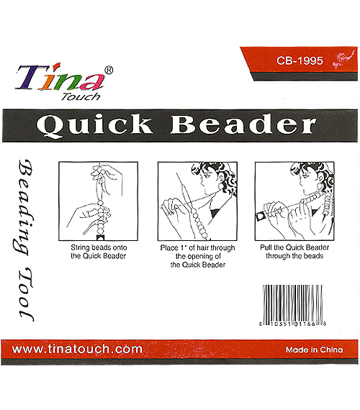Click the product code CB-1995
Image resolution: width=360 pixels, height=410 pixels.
point(300,60)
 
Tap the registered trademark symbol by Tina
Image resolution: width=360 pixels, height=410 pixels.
point(109,70)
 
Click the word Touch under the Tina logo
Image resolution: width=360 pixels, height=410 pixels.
point(81,96)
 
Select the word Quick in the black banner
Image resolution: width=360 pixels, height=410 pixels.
point(94,125)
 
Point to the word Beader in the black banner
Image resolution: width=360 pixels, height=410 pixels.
point(243,124)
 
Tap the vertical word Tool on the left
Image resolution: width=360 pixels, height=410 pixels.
point(26,294)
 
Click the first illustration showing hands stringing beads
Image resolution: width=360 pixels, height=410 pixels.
point(99,201)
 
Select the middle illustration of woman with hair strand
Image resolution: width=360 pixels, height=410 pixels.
point(197,201)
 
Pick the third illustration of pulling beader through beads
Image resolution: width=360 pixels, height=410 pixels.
point(294,201)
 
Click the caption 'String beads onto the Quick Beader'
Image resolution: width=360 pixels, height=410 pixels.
point(99,252)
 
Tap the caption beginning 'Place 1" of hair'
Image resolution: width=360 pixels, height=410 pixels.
point(198,256)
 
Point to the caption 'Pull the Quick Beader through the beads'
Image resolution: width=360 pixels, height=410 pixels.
point(294,252)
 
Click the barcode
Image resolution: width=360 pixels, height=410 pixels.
point(292,306)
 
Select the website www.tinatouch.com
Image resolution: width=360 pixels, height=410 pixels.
point(77,349)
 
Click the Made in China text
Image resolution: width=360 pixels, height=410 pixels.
point(314,350)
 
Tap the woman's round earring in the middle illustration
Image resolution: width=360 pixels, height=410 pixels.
point(221,186)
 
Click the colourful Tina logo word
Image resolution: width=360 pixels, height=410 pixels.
point(60,78)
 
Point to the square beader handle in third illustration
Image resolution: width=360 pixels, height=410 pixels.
point(261,217)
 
